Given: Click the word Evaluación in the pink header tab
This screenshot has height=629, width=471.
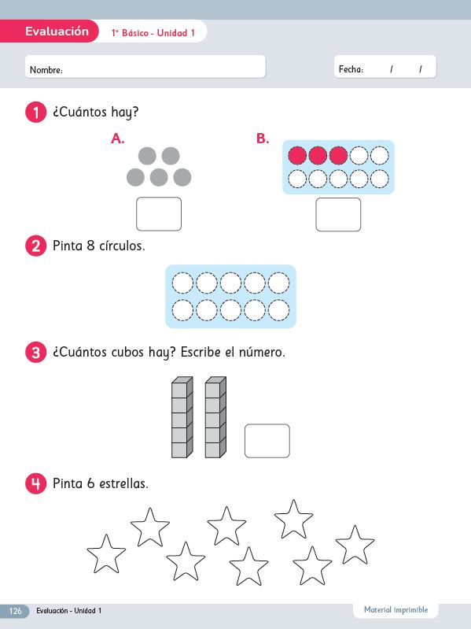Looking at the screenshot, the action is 57,31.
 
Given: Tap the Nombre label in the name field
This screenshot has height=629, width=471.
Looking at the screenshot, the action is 46,70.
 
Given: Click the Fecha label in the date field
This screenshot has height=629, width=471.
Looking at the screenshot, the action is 351,69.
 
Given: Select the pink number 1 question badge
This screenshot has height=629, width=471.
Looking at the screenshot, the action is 35,112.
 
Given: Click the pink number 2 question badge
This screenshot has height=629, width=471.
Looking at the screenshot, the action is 35,246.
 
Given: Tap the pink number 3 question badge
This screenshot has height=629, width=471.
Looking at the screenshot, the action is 35,352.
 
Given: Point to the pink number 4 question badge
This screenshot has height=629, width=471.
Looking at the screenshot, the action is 35,483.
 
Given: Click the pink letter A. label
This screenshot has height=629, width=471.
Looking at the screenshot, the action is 118,139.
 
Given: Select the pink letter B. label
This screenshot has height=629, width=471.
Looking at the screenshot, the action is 263,139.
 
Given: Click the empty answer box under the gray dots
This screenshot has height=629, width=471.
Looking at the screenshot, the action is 159,214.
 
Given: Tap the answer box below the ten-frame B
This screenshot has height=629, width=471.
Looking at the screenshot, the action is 338,214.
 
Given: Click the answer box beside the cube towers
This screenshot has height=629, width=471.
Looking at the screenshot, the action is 267,441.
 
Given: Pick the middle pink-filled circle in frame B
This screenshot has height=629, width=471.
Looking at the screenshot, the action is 318,156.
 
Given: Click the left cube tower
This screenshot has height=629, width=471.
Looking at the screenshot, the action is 182,417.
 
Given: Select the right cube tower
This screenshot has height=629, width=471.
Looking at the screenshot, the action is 215,417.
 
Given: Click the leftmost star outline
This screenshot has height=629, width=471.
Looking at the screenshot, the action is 106,554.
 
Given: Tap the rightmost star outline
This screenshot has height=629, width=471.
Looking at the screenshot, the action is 355,546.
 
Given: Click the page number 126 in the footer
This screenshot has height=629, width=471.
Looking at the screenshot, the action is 15,611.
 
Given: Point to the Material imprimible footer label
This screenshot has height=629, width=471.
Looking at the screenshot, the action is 396,610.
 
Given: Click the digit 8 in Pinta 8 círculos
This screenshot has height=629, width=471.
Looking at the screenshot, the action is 90,246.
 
